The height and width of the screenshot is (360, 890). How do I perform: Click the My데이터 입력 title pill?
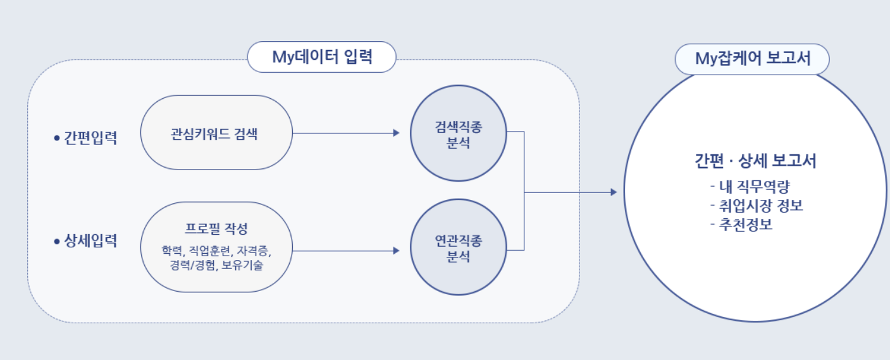(x=321, y=58)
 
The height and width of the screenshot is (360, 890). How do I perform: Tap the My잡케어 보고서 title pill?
(x=752, y=59)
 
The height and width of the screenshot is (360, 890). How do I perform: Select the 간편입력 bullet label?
(x=90, y=139)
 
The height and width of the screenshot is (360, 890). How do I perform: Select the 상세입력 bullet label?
(x=90, y=241)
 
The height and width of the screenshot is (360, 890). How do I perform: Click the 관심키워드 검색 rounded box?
(x=215, y=133)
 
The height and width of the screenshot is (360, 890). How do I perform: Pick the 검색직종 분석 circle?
(x=458, y=133)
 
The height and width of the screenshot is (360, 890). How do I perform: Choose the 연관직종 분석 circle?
(x=458, y=247)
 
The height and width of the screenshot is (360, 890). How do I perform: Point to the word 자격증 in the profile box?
(x=256, y=251)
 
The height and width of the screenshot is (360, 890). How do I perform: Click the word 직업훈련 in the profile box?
(x=212, y=251)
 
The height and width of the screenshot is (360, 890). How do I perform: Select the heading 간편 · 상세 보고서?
(x=755, y=161)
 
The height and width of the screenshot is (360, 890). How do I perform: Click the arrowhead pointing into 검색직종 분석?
(x=396, y=133)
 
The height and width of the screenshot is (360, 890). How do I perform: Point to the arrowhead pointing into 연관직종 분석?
(x=396, y=251)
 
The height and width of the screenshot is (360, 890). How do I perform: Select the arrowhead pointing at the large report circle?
(x=612, y=192)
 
